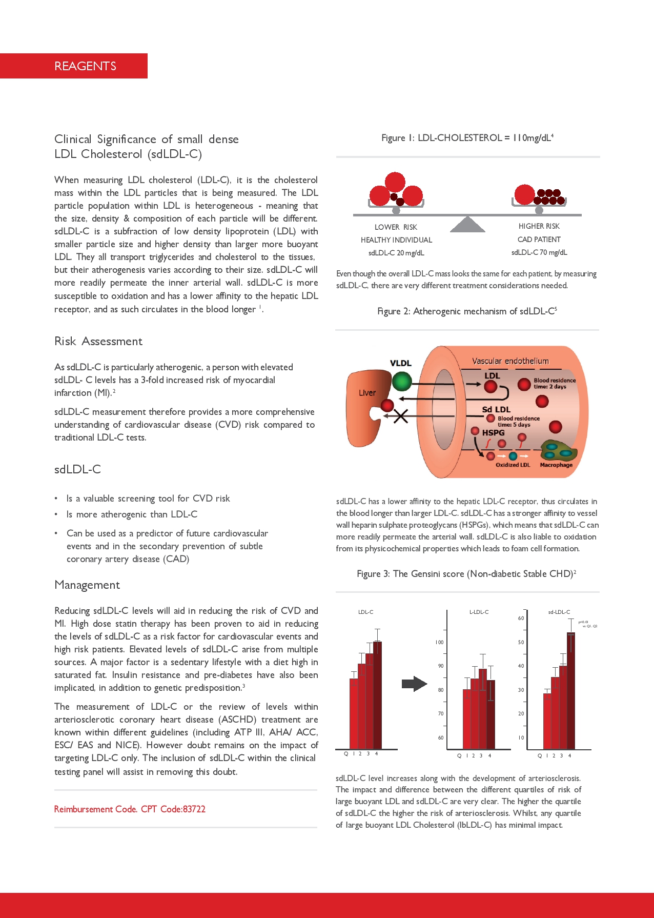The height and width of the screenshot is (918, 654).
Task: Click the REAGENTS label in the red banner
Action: point(85,66)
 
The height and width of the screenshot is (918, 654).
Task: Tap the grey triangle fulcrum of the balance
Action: point(467,225)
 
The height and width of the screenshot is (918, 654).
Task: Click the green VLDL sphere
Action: point(402,381)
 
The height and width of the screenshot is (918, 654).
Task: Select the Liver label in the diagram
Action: point(367,393)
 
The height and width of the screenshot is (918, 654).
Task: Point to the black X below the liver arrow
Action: point(401,416)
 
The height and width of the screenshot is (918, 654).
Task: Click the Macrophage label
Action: point(556,465)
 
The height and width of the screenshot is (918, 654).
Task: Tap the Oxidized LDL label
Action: point(513,465)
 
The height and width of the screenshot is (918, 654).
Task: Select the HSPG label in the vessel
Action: point(493,433)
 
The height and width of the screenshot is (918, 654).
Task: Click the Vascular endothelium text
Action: point(510,361)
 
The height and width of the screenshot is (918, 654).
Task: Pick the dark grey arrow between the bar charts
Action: point(414,684)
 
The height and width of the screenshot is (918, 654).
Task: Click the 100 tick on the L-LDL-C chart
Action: point(440,642)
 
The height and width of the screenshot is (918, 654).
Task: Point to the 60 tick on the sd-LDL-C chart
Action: point(521,618)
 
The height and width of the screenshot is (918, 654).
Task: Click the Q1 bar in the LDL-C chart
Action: point(354,713)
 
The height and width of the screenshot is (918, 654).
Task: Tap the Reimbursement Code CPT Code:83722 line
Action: point(130,809)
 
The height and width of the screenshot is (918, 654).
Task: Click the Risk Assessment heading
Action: point(98,342)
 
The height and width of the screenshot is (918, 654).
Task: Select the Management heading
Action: point(87,585)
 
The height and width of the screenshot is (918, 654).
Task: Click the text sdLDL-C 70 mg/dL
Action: point(539,252)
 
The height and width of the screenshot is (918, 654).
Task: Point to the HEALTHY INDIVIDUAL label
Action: point(396,240)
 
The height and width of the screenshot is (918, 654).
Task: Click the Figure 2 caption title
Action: point(467,311)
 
